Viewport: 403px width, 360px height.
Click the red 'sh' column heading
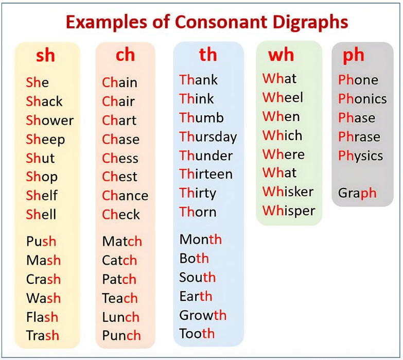45,55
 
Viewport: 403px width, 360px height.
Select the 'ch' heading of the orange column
125,55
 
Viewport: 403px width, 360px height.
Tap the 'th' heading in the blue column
208,55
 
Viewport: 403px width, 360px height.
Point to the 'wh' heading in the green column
281,55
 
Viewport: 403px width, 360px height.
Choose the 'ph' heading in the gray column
354,55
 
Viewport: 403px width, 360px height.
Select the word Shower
50,121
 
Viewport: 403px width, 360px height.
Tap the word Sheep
45,140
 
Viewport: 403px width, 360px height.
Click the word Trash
43,336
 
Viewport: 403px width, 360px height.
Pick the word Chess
120,158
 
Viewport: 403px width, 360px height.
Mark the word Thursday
208,136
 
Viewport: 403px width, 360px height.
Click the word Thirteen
206,174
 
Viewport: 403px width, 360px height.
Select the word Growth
203,315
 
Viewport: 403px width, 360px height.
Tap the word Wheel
283,97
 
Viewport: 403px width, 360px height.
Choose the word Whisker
288,192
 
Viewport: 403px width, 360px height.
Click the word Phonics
362,98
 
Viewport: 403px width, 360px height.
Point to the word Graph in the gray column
357,193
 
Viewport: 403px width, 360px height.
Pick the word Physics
360,156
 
